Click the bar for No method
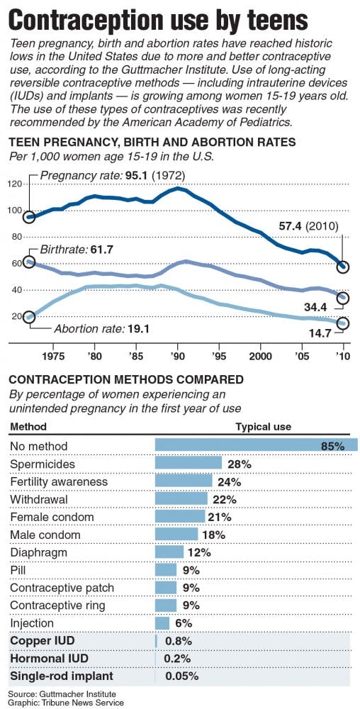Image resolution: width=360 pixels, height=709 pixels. click(256, 446)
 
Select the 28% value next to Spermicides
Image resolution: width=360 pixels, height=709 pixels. click(240, 464)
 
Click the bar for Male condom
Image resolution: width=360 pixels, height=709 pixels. click(176, 535)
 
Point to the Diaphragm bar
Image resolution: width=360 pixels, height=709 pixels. click(169, 552)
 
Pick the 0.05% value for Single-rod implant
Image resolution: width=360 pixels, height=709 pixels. click(181, 676)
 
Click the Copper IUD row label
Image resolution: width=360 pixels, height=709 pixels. click(42, 641)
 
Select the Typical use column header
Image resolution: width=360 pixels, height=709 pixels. click(263, 427)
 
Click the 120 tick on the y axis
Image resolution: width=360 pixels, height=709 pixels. click(15, 184)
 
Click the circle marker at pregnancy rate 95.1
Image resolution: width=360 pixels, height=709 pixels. click(29, 217)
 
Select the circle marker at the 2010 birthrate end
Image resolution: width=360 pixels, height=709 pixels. click(343, 298)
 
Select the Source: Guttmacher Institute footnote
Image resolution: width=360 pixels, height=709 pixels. click(62, 693)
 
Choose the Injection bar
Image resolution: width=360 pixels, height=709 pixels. click(162, 623)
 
